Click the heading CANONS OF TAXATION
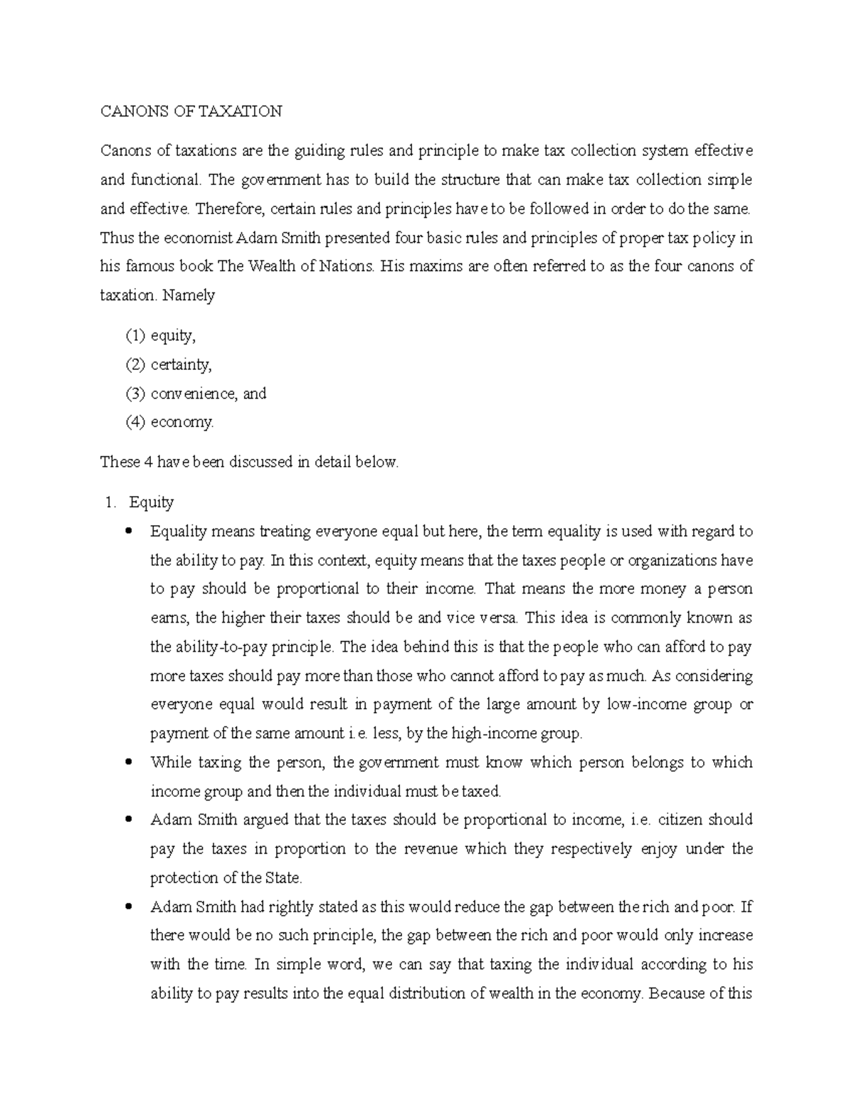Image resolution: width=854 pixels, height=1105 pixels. click(191, 111)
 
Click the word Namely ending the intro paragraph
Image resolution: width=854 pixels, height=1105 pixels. click(189, 295)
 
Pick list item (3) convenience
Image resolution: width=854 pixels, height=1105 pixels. click(196, 393)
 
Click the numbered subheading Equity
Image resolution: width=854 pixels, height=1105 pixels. click(151, 502)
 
